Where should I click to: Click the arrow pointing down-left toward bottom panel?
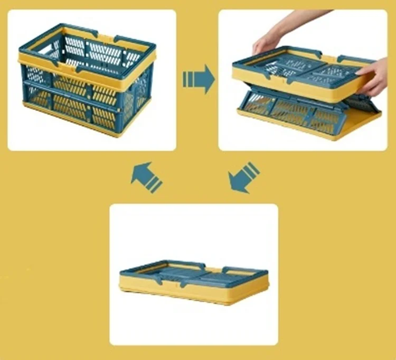(243, 178)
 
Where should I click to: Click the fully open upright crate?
(87, 79)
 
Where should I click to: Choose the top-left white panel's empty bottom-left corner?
(21, 140)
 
